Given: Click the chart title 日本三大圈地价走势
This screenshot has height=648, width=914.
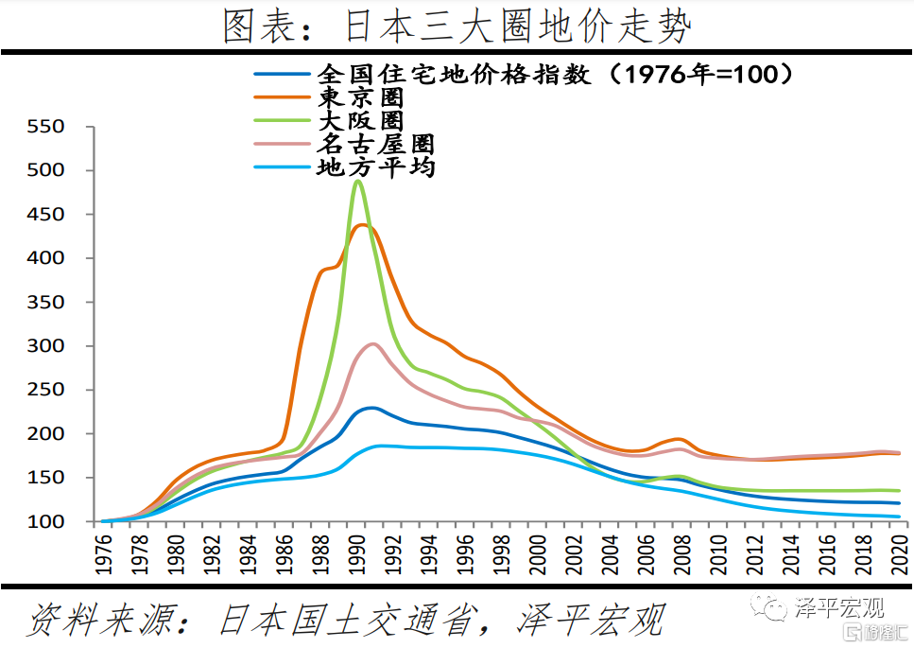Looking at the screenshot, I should pos(457,26).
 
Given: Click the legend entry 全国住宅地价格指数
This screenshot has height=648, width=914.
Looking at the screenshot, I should pos(454,74).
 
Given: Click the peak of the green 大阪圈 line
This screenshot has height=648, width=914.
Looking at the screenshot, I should pos(358,181).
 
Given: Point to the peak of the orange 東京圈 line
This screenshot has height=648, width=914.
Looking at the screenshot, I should pos(362,224).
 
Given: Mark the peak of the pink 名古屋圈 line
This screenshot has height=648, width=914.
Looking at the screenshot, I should pos(372,343).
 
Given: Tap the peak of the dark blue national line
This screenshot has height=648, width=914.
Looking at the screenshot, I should pos(370,408).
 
